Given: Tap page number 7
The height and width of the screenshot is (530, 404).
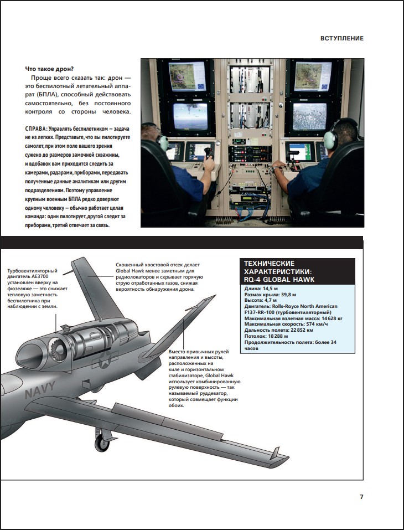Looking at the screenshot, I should click(x=361, y=497).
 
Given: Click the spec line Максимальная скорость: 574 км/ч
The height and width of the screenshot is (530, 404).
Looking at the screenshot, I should click(x=290, y=324).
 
